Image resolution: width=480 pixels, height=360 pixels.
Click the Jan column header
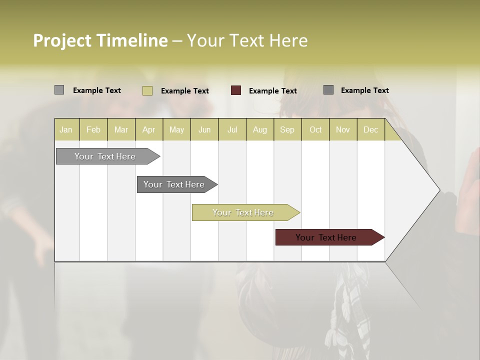pyautogui.click(x=66, y=129)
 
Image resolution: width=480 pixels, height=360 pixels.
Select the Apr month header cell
pyautogui.click(x=148, y=129)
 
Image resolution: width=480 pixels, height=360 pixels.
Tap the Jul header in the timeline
pyautogui.click(x=232, y=129)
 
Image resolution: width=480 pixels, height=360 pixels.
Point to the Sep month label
pyautogui.click(x=287, y=129)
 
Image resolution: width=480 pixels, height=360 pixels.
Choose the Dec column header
pyautogui.click(x=370, y=129)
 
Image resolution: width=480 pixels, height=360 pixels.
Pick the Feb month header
pyautogui.click(x=93, y=129)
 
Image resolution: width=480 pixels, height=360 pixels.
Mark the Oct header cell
pyautogui.click(x=315, y=129)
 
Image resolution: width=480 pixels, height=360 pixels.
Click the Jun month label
pyautogui.click(x=204, y=129)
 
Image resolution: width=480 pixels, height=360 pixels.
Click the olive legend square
pyautogui.click(x=147, y=90)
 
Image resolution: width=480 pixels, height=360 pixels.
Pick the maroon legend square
pyautogui.click(x=236, y=90)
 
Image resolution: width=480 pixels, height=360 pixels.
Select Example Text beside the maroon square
pyautogui.click(x=272, y=91)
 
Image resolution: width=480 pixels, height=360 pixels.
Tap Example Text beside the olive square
pyautogui.click(x=184, y=91)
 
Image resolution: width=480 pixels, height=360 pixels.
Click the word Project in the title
pyautogui.click(x=62, y=40)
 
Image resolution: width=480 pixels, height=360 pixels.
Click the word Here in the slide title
pyautogui.click(x=288, y=40)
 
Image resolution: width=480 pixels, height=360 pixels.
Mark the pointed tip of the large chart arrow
pyautogui.click(x=438, y=190)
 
